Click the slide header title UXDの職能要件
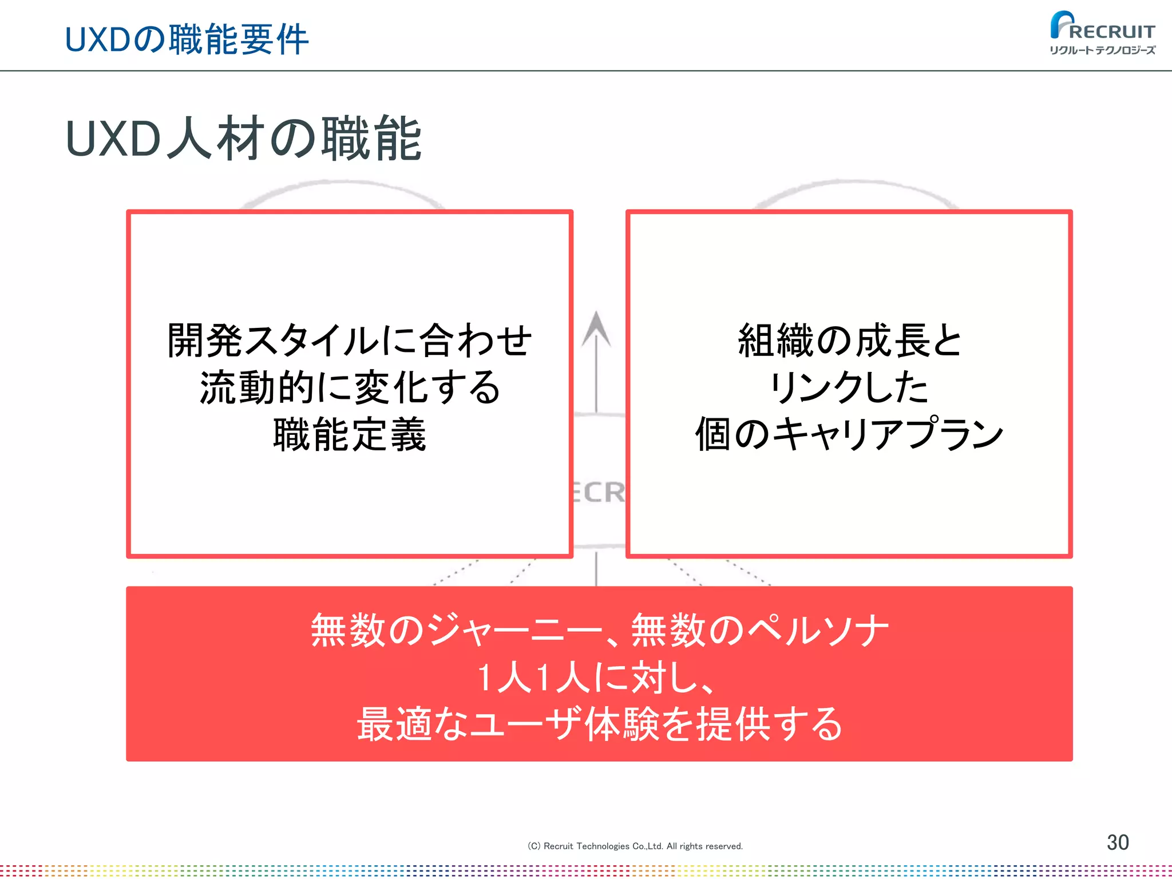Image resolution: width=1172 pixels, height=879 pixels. [x=187, y=39]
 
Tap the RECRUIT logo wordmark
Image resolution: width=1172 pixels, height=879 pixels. [x=1111, y=31]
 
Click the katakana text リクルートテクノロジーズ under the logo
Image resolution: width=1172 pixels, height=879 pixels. [x=1102, y=50]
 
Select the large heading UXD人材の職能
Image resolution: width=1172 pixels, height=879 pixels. [x=244, y=138]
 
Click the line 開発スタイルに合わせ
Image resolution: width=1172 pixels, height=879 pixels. [x=350, y=340]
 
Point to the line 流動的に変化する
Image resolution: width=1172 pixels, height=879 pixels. [x=350, y=387]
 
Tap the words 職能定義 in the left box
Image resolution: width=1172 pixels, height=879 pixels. [x=350, y=435]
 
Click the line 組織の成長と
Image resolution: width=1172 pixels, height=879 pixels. [x=849, y=340]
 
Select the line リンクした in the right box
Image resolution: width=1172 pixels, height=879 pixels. [x=849, y=387]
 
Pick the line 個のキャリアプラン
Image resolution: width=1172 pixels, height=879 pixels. [x=849, y=435]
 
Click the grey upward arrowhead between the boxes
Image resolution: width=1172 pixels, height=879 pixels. [x=596, y=328]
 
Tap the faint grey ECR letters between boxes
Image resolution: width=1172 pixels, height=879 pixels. [x=599, y=493]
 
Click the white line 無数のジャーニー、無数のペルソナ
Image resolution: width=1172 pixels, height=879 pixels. [x=599, y=631]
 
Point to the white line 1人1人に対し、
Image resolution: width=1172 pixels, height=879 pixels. [x=595, y=678]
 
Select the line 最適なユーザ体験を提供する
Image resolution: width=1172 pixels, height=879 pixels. [x=599, y=724]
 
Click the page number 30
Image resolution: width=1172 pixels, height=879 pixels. [x=1117, y=842]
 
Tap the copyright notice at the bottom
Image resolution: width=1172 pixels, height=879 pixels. [x=635, y=846]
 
